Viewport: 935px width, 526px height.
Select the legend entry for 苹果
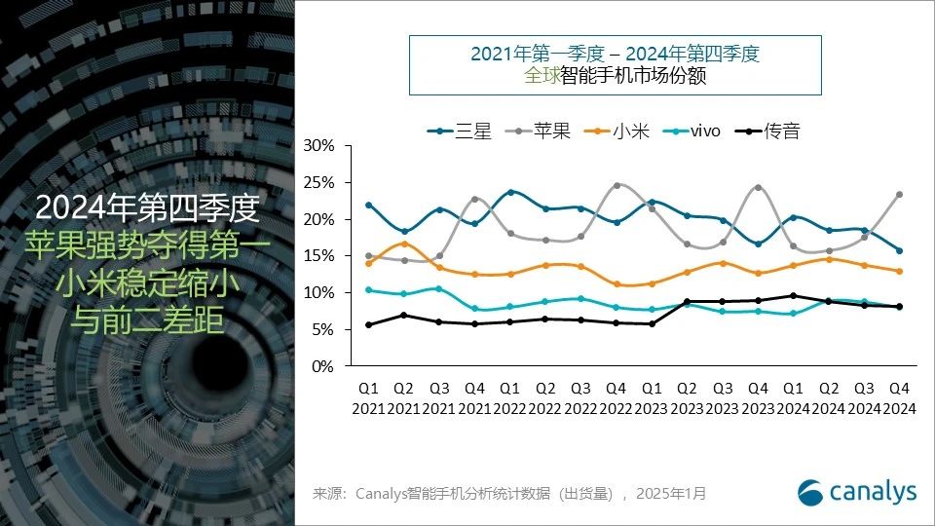pos(544,130)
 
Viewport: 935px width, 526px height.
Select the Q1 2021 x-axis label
pos(368,397)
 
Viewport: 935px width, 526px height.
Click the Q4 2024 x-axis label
pos(899,397)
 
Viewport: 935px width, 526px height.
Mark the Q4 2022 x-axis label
pos(616,397)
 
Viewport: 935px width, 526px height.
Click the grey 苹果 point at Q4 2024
pos(899,194)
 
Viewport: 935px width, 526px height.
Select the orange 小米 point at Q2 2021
pos(403,244)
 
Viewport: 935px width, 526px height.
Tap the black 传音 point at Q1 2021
pos(368,324)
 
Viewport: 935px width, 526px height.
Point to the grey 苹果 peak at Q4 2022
pos(616,185)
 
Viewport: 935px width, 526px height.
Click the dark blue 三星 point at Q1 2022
pos(509,192)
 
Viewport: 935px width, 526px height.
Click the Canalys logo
pos(857,492)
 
